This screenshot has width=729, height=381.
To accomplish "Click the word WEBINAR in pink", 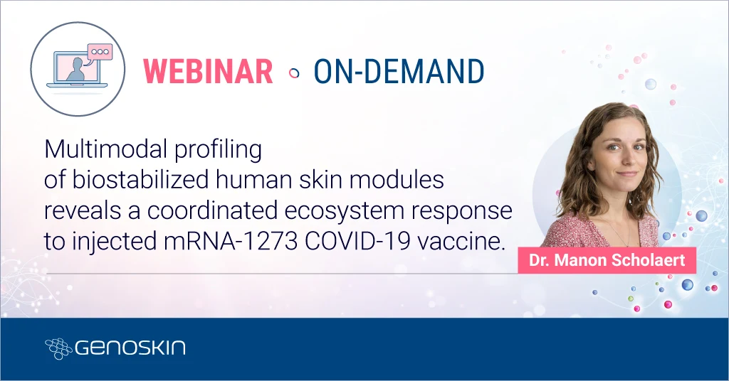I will click(x=208, y=72).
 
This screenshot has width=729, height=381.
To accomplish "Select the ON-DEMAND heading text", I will click(x=399, y=72).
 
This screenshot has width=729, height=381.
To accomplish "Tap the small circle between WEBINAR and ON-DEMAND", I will click(x=293, y=73).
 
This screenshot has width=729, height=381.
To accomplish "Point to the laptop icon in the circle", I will click(x=76, y=71).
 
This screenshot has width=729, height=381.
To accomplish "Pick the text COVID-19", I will click(x=354, y=242).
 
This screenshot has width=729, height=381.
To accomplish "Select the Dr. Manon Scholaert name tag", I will click(x=607, y=260).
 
